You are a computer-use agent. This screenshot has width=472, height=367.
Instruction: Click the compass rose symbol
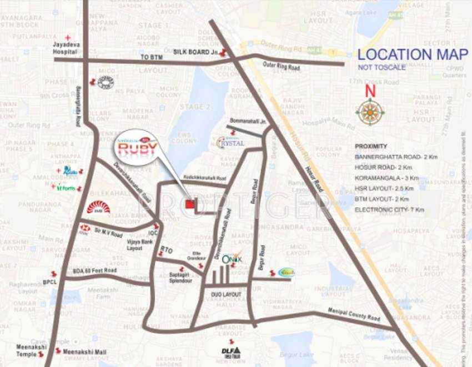pyautogui.click(x=370, y=112)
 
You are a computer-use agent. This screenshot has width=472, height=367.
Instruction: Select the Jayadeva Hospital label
pyautogui.click(x=65, y=47)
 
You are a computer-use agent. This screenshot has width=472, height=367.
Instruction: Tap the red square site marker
pyautogui.click(x=190, y=204)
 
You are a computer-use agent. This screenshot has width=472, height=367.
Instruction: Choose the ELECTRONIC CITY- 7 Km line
pyautogui.click(x=389, y=210)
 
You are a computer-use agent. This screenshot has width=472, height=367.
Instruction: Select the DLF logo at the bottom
pyautogui.click(x=231, y=351)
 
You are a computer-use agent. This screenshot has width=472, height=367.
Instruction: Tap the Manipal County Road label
pyautogui.click(x=354, y=314)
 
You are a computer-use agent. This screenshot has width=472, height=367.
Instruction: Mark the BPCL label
pyautogui.click(x=51, y=282)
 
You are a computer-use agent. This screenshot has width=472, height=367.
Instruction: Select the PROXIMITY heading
pyautogui.click(x=371, y=146)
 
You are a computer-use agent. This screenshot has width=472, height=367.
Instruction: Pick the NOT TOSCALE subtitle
pyautogui.click(x=381, y=68)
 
